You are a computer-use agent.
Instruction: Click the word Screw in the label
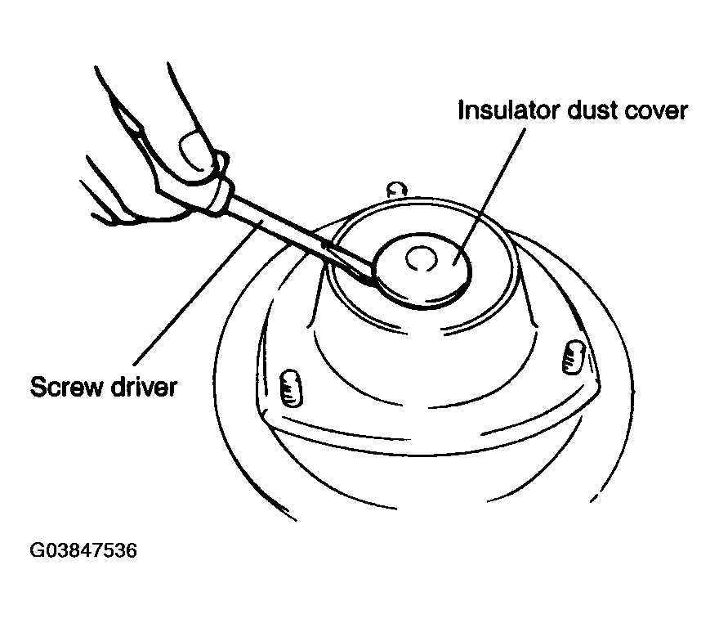click(65, 387)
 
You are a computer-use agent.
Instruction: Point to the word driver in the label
click(144, 387)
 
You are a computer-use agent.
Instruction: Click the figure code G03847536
click(83, 550)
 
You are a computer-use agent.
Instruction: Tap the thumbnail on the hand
click(194, 148)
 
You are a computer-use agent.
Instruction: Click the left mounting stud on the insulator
click(291, 388)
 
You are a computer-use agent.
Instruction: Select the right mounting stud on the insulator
click(574, 357)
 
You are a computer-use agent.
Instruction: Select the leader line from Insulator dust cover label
click(489, 196)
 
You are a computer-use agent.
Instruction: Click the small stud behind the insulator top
click(397, 190)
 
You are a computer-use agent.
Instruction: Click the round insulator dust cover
click(422, 271)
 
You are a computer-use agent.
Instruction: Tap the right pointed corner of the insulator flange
click(599, 384)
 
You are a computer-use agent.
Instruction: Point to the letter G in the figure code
click(36, 550)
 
